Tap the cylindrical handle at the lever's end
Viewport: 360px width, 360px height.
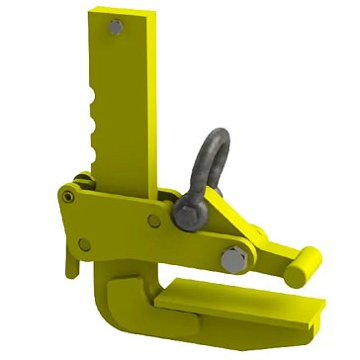(x=302, y=261)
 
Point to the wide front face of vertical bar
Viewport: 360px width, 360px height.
(x=129, y=109)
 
